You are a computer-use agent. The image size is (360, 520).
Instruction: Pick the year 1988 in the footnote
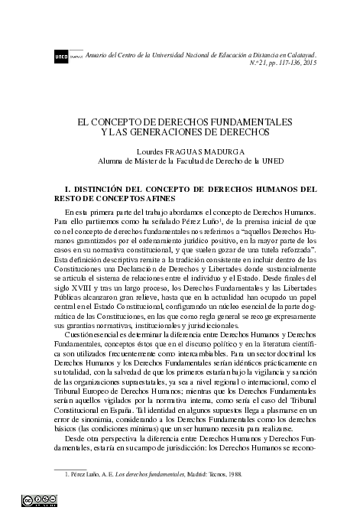[234, 475]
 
